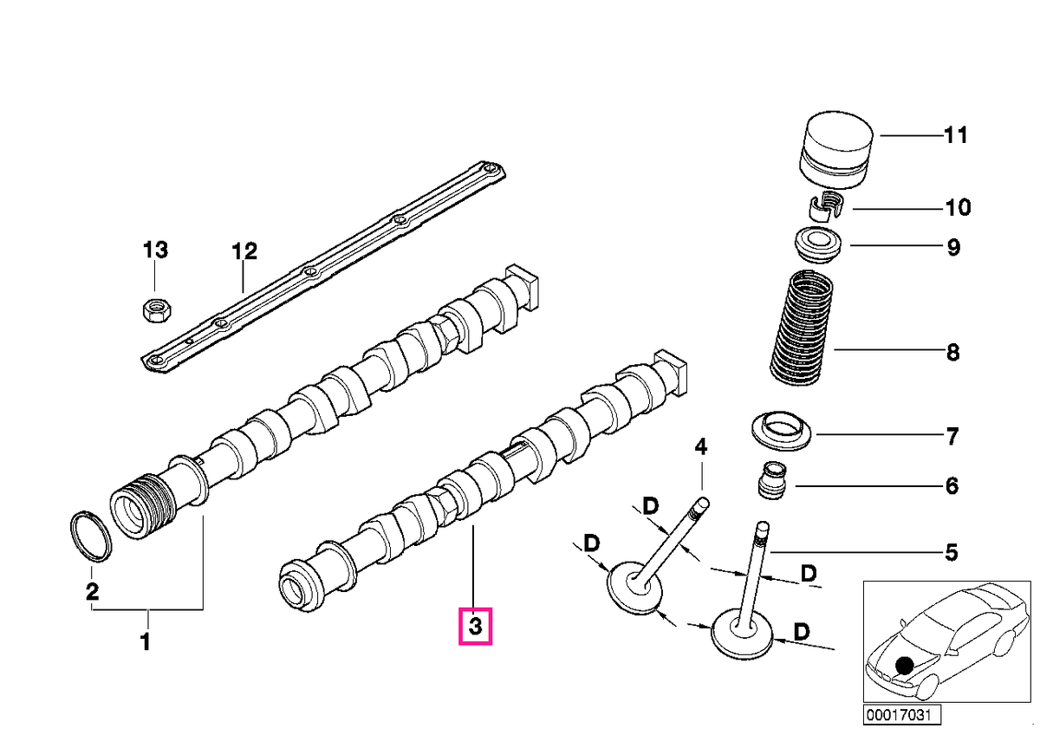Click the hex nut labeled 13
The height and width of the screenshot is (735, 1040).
pos(158,310)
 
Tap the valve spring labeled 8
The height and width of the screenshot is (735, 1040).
pos(801,328)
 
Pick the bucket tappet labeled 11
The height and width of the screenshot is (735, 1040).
pos(835,149)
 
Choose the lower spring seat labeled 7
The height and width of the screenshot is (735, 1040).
pos(782,431)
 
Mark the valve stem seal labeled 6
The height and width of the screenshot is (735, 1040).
pos(773,480)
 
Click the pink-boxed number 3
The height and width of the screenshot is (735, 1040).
pos(476,627)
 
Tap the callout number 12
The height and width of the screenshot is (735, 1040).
pos(244,251)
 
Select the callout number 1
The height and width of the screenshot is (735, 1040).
pos(146,641)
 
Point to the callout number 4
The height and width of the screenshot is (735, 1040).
pos(700,446)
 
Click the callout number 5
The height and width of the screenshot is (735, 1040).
pos(952,552)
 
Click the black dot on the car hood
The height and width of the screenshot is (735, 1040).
pos(904,666)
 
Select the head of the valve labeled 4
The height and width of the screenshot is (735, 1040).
pos(635,589)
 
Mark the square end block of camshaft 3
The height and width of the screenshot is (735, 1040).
pos(671,372)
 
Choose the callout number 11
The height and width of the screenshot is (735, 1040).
pos(955,135)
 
